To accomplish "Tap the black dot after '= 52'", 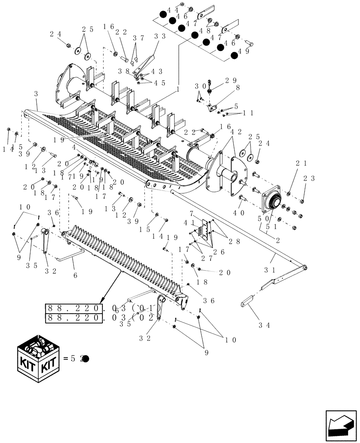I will click(x=86, y=359).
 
